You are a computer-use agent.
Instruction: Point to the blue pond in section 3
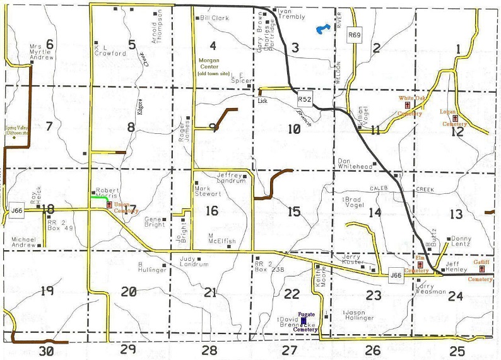(x=322, y=28)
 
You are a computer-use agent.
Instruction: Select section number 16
(x=212, y=210)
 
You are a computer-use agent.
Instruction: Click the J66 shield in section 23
(x=396, y=275)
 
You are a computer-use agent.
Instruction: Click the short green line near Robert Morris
(x=98, y=198)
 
